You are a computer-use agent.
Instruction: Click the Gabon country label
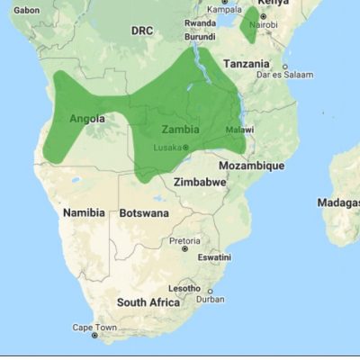tap(27, 10)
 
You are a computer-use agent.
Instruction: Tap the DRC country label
tap(142, 31)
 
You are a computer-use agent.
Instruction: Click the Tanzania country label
tap(246, 64)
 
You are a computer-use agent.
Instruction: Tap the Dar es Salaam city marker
tap(284, 67)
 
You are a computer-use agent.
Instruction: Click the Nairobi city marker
tap(263, 15)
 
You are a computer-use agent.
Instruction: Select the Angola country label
tap(87, 118)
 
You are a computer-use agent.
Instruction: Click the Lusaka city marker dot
tap(186, 147)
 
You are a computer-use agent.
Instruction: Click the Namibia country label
tap(84, 212)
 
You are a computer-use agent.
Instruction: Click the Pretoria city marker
tap(185, 249)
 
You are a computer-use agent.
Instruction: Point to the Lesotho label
tap(186, 288)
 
